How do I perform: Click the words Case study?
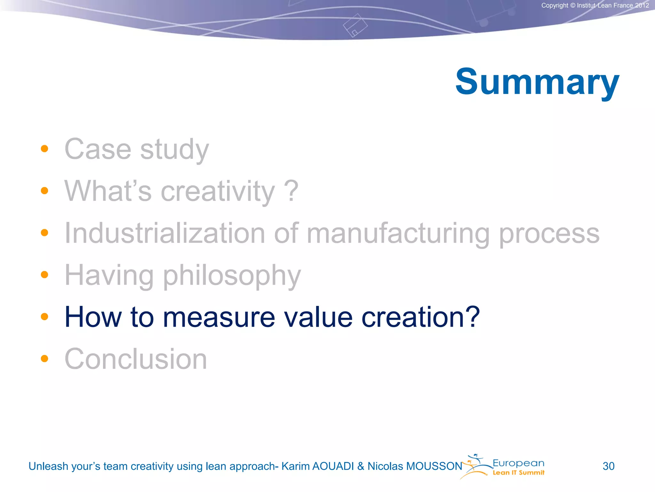[x=137, y=149]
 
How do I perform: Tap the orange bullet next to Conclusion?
[x=44, y=358]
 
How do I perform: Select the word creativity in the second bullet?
[x=217, y=192]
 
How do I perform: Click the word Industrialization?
[x=165, y=233]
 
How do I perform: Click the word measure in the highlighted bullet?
[x=219, y=317]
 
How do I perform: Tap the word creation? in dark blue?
[x=421, y=317]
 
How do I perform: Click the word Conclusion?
[x=136, y=359]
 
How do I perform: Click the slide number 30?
[x=608, y=466]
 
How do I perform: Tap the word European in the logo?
[x=518, y=463]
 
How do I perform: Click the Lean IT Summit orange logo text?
[x=518, y=473]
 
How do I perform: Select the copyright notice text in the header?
[x=595, y=5]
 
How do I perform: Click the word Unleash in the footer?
[x=48, y=466]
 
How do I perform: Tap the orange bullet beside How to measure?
[x=44, y=317]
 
